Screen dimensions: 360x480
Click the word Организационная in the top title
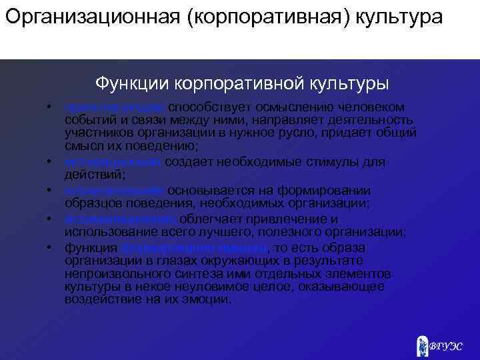(x=91, y=16)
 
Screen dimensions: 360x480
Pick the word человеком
(x=380, y=107)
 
